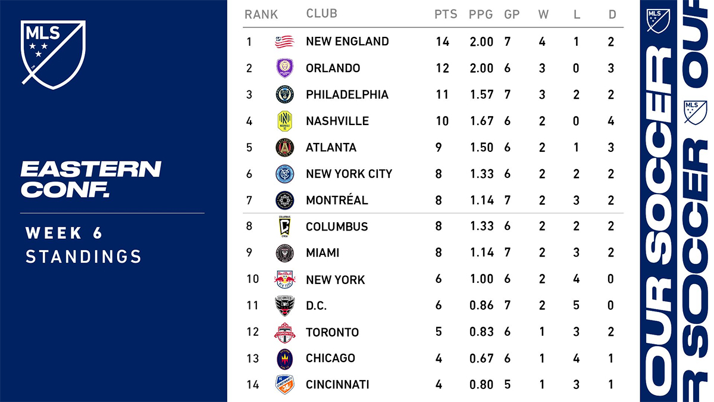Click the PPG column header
pyautogui.click(x=481, y=14)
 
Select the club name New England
pyautogui.click(x=347, y=42)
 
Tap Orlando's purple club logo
pyautogui.click(x=284, y=68)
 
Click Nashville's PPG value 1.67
pyautogui.click(x=481, y=121)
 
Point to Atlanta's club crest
pyautogui.click(x=284, y=147)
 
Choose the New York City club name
pyautogui.click(x=349, y=174)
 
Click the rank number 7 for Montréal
pyautogui.click(x=249, y=200)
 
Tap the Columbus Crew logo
pyautogui.click(x=284, y=226)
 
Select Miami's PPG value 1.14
pyautogui.click(x=481, y=253)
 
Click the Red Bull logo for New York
pyautogui.click(x=284, y=279)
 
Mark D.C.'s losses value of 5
pyautogui.click(x=577, y=306)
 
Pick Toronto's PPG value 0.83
pyautogui.click(x=481, y=332)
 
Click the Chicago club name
pyautogui.click(x=330, y=358)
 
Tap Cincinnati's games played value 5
pyautogui.click(x=508, y=385)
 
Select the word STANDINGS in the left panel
pyautogui.click(x=83, y=257)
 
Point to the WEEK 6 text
pyautogui.click(x=64, y=233)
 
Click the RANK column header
pyautogui.click(x=261, y=14)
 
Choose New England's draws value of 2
pyautogui.click(x=612, y=42)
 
